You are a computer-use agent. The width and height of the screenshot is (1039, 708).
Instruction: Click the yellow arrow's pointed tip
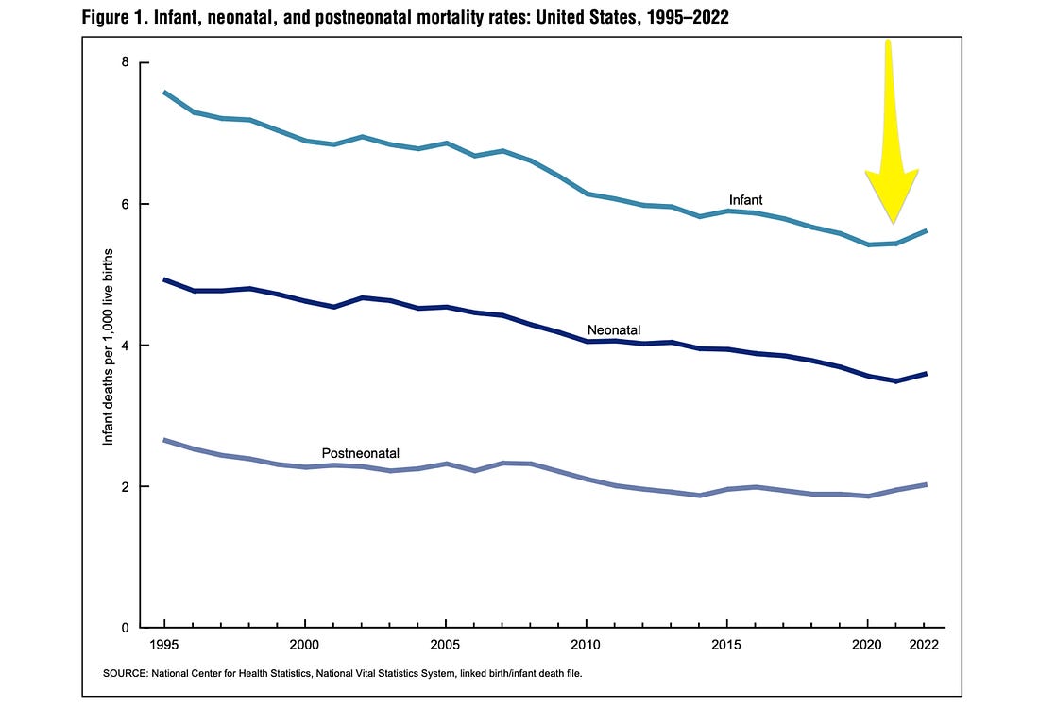[x=894, y=222]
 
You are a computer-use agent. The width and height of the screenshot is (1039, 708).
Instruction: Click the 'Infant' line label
[x=745, y=200]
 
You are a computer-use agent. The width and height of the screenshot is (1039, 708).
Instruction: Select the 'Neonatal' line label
[x=614, y=330]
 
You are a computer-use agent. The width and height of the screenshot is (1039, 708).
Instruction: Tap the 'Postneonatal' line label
[x=361, y=453]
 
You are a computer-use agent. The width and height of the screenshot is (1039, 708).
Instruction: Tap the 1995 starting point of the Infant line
[x=165, y=92]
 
